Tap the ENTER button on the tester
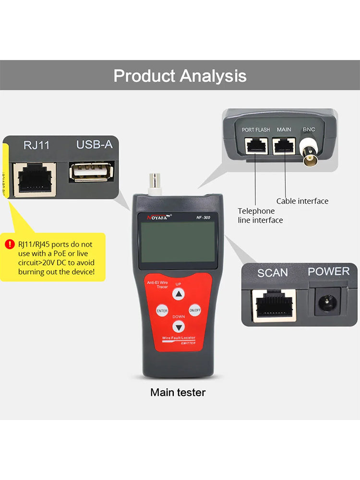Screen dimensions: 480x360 pyautogui.click(x=162, y=311)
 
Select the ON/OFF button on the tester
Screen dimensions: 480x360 pyautogui.click(x=194, y=311)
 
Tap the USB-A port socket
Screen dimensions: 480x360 pyautogui.click(x=91, y=173)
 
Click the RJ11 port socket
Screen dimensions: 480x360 pyautogui.click(x=34, y=180)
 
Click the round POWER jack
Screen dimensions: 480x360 pyautogui.click(x=328, y=302)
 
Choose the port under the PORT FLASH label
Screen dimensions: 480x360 pyautogui.click(x=255, y=145)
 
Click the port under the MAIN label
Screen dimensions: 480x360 pyautogui.click(x=284, y=145)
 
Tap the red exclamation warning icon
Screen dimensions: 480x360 pyautogui.click(x=10, y=244)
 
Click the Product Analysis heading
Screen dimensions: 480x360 pyautogui.click(x=180, y=76)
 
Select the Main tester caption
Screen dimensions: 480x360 pyautogui.click(x=178, y=393)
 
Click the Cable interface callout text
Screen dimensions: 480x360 pyautogui.click(x=302, y=201)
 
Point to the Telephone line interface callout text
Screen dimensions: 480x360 pyautogui.click(x=260, y=216)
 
